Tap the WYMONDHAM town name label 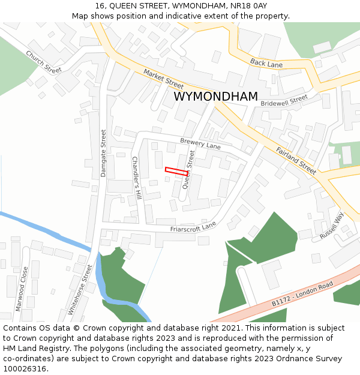215,97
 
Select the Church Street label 44,61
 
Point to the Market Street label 163,79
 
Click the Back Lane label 266,62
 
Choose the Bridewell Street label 284,101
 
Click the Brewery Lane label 200,143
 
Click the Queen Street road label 188,170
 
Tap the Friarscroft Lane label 193,227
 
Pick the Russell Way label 332,226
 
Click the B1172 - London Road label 302,294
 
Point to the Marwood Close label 22,288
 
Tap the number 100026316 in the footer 25,368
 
